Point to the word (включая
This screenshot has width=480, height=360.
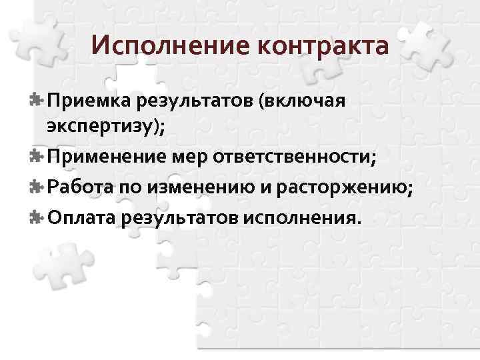click(x=304, y=101)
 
